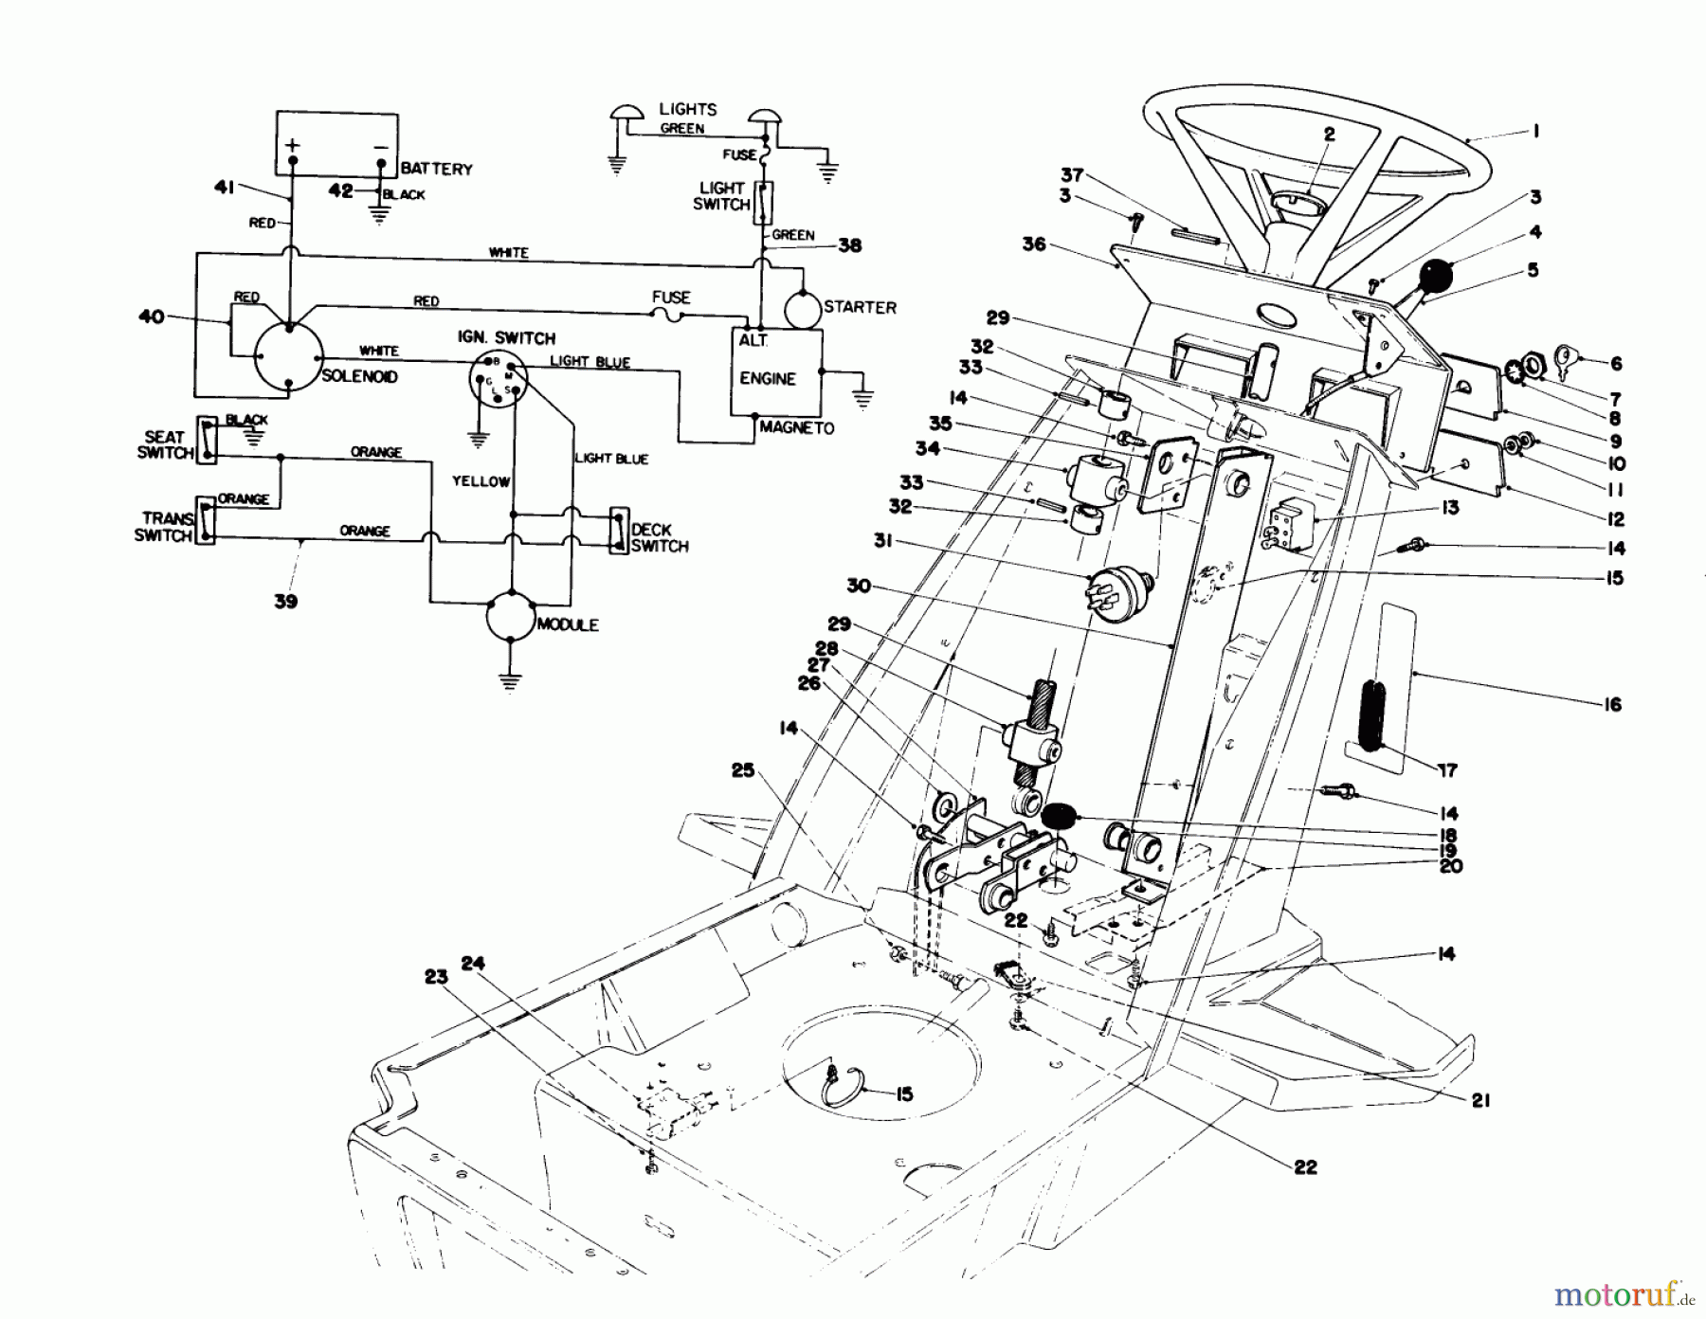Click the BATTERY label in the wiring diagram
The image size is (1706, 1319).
click(x=436, y=169)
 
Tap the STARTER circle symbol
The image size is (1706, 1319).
click(x=802, y=308)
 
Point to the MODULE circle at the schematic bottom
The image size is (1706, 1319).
click(x=511, y=618)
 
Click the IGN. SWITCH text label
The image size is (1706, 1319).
click(x=507, y=338)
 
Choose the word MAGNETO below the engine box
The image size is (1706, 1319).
click(x=796, y=428)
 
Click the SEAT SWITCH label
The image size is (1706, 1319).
click(x=164, y=444)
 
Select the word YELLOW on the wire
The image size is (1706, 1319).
click(x=481, y=481)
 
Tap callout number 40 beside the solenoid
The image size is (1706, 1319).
click(x=152, y=316)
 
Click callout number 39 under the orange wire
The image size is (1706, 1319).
click(x=285, y=601)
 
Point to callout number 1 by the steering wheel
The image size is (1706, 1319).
click(x=1534, y=132)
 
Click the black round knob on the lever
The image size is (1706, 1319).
click(x=1435, y=277)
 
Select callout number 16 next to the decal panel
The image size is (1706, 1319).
click(x=1613, y=704)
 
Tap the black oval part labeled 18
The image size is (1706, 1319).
click(x=1060, y=815)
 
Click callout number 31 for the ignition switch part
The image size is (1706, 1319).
click(x=883, y=541)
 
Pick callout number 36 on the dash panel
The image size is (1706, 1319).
click(x=1033, y=244)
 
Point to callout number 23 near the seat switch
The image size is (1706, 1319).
click(x=436, y=977)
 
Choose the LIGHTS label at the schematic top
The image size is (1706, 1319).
click(x=688, y=109)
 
